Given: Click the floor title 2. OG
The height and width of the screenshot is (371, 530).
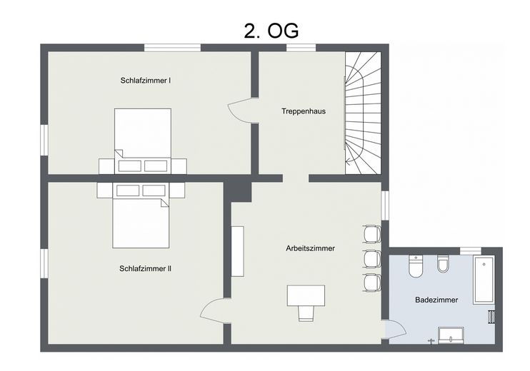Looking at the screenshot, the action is pyautogui.click(x=271, y=31).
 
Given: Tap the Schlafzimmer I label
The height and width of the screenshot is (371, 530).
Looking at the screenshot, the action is pyautogui.click(x=145, y=81).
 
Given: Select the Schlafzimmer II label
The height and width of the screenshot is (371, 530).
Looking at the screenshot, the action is pyautogui.click(x=145, y=269).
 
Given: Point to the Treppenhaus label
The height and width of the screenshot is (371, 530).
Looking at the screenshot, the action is pyautogui.click(x=304, y=111).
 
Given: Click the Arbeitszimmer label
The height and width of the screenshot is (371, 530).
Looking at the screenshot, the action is pyautogui.click(x=310, y=248).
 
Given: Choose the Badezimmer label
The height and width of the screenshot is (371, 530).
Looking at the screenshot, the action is pyautogui.click(x=436, y=300).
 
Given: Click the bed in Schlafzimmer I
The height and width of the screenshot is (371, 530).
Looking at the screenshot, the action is pyautogui.click(x=143, y=141).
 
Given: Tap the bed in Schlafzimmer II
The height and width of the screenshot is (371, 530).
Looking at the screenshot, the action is pyautogui.click(x=141, y=215).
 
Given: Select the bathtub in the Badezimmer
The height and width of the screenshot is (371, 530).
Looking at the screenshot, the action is pyautogui.click(x=484, y=280).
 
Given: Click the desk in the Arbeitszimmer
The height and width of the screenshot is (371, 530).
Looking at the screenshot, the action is pyautogui.click(x=306, y=295).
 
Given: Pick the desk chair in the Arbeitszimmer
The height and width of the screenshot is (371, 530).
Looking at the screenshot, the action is pyautogui.click(x=306, y=314).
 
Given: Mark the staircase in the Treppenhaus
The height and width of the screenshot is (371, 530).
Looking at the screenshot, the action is pyautogui.click(x=363, y=113).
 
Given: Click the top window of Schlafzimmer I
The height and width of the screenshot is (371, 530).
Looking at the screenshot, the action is pyautogui.click(x=172, y=48).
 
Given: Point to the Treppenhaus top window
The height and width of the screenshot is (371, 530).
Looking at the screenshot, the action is pyautogui.click(x=301, y=48).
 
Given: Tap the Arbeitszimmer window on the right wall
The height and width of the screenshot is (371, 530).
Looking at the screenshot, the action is pyautogui.click(x=385, y=205).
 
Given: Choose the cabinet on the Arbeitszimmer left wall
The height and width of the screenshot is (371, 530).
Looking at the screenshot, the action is pyautogui.click(x=238, y=252).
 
